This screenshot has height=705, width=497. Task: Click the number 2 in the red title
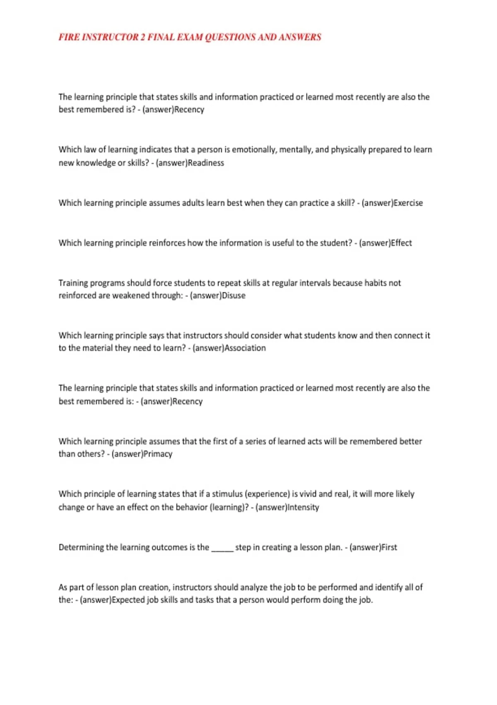(142, 37)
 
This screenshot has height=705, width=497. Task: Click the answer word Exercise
(408, 203)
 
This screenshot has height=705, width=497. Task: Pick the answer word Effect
(401, 243)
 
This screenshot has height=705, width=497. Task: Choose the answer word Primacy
(158, 454)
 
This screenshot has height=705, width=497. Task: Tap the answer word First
(389, 547)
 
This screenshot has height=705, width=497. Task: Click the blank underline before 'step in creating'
(222, 548)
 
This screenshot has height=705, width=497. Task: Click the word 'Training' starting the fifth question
(73, 283)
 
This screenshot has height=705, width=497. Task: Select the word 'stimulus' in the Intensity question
(227, 494)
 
